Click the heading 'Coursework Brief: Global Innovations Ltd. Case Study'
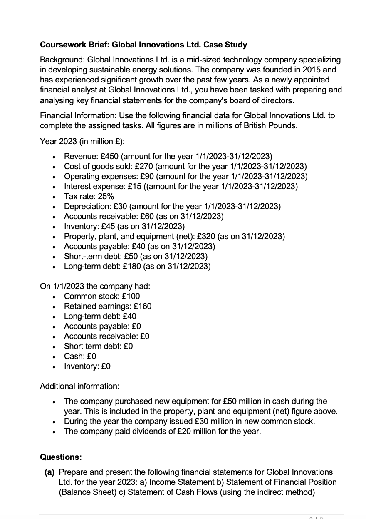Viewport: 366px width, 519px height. coord(143,45)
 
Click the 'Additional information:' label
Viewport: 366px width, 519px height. coord(79,386)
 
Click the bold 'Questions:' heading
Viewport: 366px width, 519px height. coord(61,457)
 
